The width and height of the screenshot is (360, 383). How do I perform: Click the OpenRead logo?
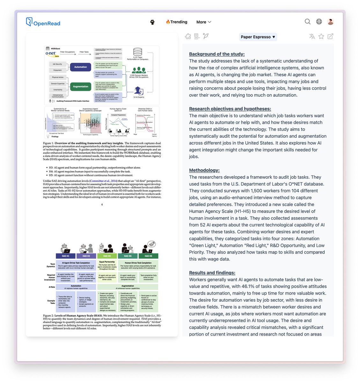point(43,22)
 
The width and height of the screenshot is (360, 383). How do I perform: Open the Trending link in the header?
point(177,22)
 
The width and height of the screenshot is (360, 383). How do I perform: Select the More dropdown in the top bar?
point(203,22)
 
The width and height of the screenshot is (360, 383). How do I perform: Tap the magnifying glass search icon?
point(307,21)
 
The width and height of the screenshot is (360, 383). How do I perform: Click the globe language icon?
point(319,21)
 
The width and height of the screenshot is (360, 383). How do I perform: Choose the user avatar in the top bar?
point(330,21)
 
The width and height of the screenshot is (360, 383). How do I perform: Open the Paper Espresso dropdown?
point(258,37)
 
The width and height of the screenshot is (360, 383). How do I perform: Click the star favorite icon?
point(321,36)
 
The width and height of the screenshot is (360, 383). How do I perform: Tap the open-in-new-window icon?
point(330,36)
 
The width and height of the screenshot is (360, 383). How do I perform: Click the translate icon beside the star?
point(312,36)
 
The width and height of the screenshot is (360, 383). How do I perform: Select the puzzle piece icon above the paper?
point(188,36)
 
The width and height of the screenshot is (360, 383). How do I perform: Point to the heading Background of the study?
point(217,54)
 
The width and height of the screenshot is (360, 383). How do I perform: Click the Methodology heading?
point(204,170)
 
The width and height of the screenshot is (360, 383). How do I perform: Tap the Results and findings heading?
point(212,273)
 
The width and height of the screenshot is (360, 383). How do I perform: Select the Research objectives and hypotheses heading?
point(230,109)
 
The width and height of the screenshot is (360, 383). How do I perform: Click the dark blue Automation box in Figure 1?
point(80,67)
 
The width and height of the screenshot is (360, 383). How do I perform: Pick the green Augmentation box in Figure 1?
point(80,86)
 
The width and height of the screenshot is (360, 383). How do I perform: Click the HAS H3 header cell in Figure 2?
point(107,256)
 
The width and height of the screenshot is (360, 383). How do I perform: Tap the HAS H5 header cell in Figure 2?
point(148,256)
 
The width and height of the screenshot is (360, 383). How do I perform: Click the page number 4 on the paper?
point(102,205)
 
